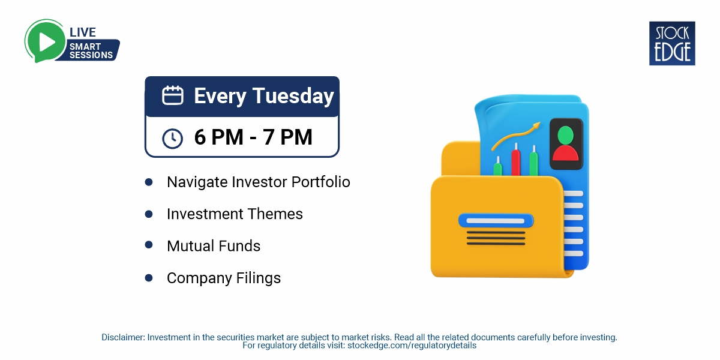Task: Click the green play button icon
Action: pyautogui.click(x=45, y=40)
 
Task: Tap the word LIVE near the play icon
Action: pyautogui.click(x=83, y=32)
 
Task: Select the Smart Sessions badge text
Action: pyautogui.click(x=91, y=50)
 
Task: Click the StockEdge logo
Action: pyautogui.click(x=672, y=43)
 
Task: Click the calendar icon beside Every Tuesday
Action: pyautogui.click(x=173, y=96)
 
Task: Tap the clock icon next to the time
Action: pyautogui.click(x=173, y=138)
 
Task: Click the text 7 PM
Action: pyautogui.click(x=288, y=137)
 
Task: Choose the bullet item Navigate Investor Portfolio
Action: pyautogui.click(x=258, y=182)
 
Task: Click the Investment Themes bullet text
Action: pyautogui.click(x=235, y=214)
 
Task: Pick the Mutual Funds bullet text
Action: pyautogui.click(x=214, y=246)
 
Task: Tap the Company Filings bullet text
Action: pyautogui.click(x=224, y=278)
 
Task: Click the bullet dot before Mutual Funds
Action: pyautogui.click(x=149, y=245)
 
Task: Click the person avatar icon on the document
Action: pyautogui.click(x=565, y=143)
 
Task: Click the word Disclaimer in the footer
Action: pyautogui.click(x=122, y=337)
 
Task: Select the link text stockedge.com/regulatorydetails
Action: pyautogui.click(x=412, y=346)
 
